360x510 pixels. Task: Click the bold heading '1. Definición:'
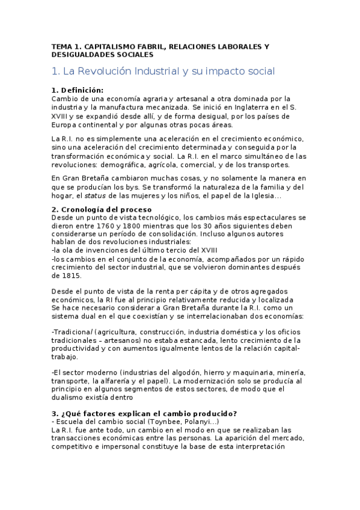tap(78, 90)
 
